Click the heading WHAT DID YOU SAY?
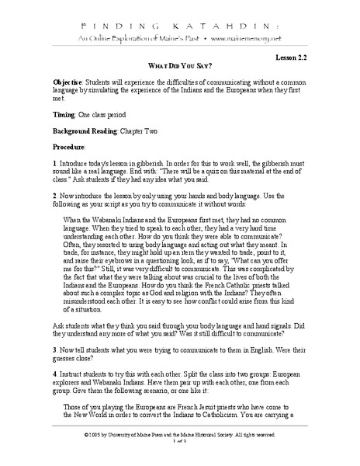180,68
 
